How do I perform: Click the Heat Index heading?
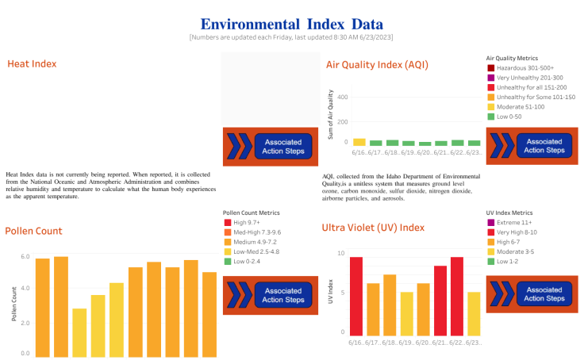tap(32, 63)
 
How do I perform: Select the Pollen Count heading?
tap(33, 231)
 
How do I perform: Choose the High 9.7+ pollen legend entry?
tap(246, 223)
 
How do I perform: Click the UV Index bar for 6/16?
tap(355, 296)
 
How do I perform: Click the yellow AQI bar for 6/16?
tap(359, 142)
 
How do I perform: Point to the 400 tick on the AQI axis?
tap(344, 98)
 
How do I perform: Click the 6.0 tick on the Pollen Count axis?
tap(25, 257)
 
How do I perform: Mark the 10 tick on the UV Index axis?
tap(342, 253)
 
